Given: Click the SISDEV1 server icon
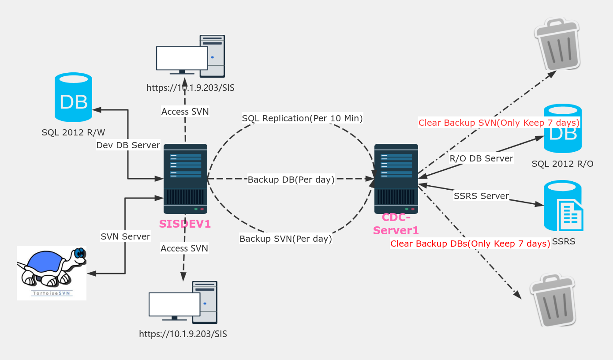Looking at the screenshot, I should point(185,179).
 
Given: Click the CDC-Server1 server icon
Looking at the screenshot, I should point(396,179).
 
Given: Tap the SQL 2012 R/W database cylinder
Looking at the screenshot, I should point(73,97).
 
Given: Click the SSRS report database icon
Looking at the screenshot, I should point(563,206).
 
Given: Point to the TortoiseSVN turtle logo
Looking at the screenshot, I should point(52,272).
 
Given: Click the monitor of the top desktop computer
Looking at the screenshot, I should point(182,59).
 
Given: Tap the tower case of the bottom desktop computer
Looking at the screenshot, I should point(205,302).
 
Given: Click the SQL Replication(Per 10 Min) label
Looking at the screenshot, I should point(302,118).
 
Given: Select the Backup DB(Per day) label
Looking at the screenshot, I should point(291,180).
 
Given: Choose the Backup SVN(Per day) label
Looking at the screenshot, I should point(285,239).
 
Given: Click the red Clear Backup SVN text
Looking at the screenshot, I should point(499,123).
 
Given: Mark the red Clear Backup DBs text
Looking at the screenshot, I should point(470,244).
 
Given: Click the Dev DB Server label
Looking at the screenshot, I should point(128,145).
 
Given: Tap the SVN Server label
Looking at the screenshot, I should point(125,236).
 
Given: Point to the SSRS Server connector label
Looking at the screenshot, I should point(481,196).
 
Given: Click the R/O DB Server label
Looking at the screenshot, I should point(481,158).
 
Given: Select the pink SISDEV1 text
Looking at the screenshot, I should point(185,224).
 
